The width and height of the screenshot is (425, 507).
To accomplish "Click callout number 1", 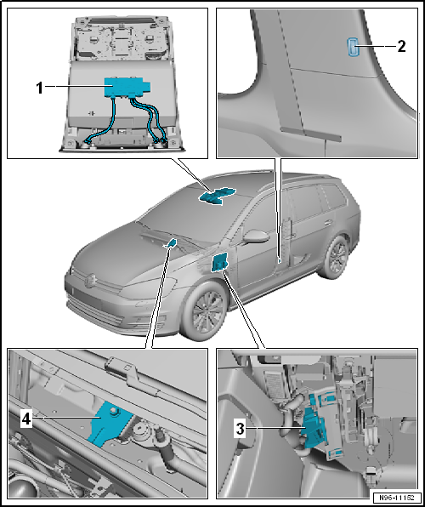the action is (39, 88).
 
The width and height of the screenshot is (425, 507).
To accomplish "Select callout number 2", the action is (400, 47).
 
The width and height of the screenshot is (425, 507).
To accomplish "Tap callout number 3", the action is (240, 429).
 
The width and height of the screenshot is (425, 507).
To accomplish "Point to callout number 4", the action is (25, 419).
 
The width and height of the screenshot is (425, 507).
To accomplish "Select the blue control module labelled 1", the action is (126, 87).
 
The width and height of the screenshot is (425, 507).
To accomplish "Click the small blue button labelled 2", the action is (352, 47).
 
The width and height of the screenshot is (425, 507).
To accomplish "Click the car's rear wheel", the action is (334, 258).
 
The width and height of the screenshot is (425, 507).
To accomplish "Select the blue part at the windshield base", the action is (172, 242).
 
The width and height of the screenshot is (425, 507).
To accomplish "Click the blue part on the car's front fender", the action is (219, 262).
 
